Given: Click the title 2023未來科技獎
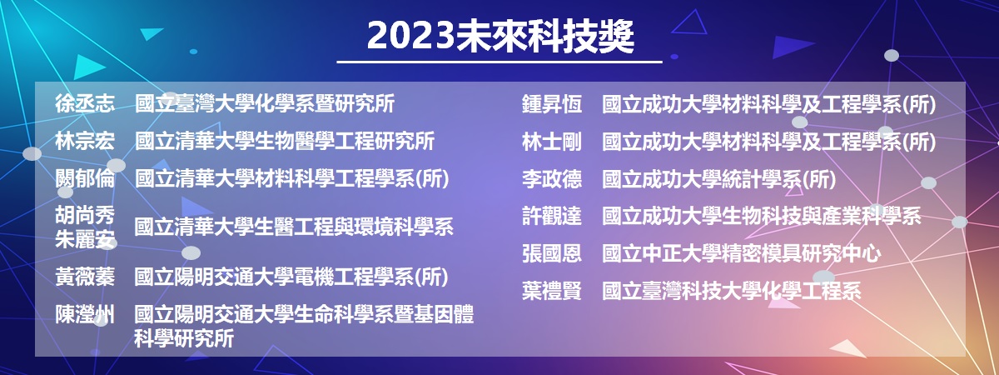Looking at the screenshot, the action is tap(500, 36).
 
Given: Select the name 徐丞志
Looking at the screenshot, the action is tap(85, 103).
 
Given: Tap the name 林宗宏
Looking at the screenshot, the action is tap(85, 141).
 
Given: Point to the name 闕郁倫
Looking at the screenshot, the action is tap(85, 178).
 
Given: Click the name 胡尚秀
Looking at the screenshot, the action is tap(85, 215).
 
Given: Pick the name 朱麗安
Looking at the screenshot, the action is tap(85, 239).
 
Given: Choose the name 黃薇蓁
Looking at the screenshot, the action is tap(85, 277).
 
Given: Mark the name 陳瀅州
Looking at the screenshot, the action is tap(85, 314).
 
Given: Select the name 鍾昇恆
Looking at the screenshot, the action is tap(552, 104).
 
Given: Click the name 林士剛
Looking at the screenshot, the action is tap(552, 142).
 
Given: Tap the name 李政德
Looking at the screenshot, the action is tap(552, 179).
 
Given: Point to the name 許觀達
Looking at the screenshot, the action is tap(552, 216).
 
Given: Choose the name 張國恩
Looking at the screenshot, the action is tap(552, 253).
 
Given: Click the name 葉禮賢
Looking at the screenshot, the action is tap(552, 291).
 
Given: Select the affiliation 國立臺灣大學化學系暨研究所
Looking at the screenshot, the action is tap(265, 103).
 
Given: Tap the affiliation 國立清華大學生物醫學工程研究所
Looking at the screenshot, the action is tap(285, 141).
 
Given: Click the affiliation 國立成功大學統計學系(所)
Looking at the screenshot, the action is tap(719, 179).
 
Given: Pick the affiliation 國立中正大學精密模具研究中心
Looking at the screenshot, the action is tap(742, 253).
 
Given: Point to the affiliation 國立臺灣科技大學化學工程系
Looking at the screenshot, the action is tap(732, 291).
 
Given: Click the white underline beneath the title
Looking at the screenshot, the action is tap(499, 62).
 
